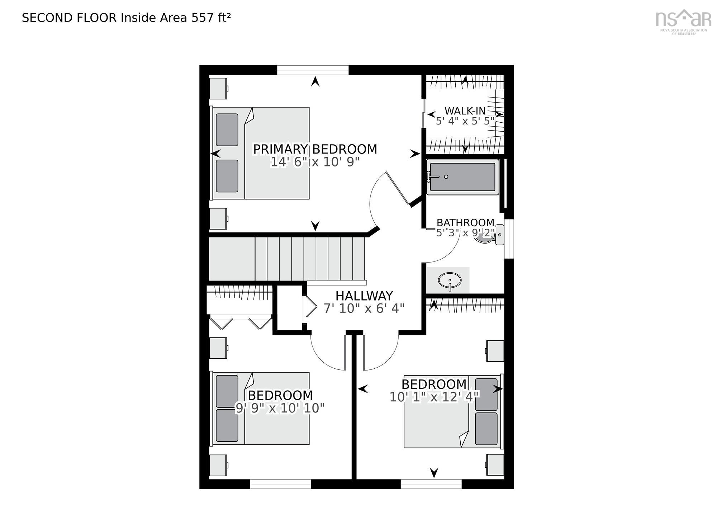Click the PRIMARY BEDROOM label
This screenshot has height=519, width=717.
tap(315, 149)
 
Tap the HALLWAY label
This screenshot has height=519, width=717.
tap(364, 296)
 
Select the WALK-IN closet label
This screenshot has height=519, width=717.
tap(465, 111)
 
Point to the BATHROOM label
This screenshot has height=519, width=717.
tap(465, 223)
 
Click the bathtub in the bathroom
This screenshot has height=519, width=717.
tap(463, 177)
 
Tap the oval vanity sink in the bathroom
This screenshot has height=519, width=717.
tap(449, 280)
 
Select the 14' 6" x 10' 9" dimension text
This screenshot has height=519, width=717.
tap(315, 162)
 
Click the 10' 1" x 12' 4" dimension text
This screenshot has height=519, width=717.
tap(434, 397)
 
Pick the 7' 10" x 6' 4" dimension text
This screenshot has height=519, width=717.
tap(364, 308)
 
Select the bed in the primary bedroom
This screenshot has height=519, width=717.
tap(260, 153)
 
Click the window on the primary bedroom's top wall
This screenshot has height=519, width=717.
tap(313, 70)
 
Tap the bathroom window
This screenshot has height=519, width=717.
tap(509, 239)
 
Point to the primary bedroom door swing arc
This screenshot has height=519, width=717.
tap(373, 201)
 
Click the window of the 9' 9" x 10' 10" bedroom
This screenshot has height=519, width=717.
tap(280, 484)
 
